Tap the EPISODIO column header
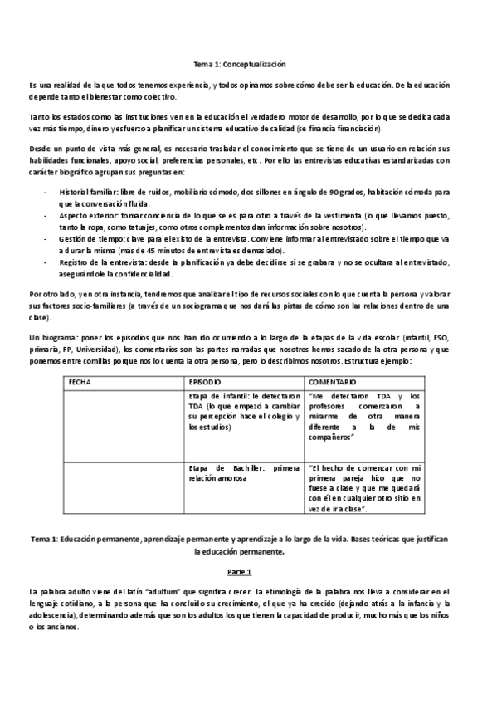tap(204, 381)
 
